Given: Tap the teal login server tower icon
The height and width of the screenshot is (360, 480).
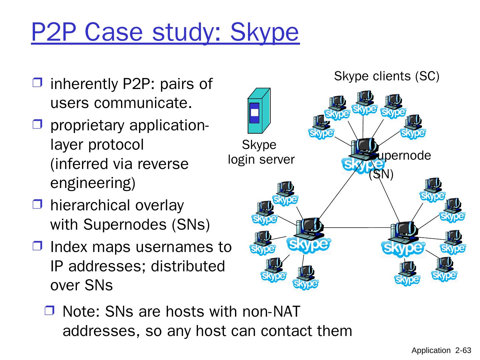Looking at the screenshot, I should click(x=259, y=111).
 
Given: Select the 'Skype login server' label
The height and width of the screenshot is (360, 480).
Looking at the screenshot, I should click(x=261, y=152).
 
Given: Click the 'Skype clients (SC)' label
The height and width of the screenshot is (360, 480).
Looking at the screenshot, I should click(x=387, y=76).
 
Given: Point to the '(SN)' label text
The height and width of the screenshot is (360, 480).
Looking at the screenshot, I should click(x=381, y=174).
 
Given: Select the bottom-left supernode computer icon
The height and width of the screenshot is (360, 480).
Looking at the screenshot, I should click(x=309, y=236).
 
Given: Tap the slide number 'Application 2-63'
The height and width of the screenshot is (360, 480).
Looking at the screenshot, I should click(x=441, y=350).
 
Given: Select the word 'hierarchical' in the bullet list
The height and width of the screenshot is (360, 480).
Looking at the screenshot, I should click(x=90, y=205).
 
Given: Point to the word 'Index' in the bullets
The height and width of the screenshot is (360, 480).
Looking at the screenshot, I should click(x=66, y=247).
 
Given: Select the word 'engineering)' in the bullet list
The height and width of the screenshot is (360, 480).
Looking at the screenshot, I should click(x=93, y=183).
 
